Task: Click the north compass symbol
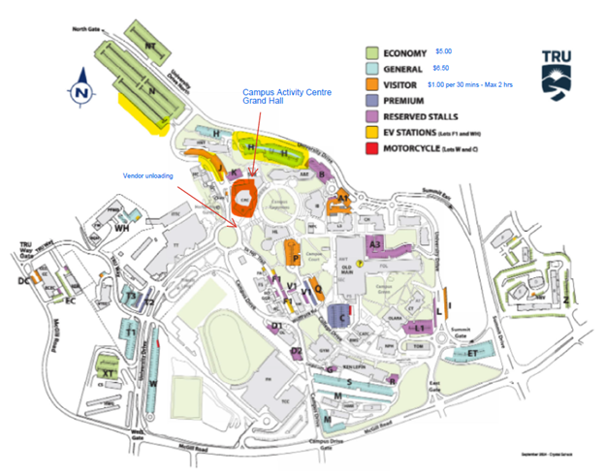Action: coord(80,90)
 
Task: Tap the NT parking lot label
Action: coord(150,46)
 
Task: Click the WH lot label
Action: coord(122,228)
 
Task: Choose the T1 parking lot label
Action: coord(129,332)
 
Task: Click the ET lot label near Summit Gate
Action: coord(473,354)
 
